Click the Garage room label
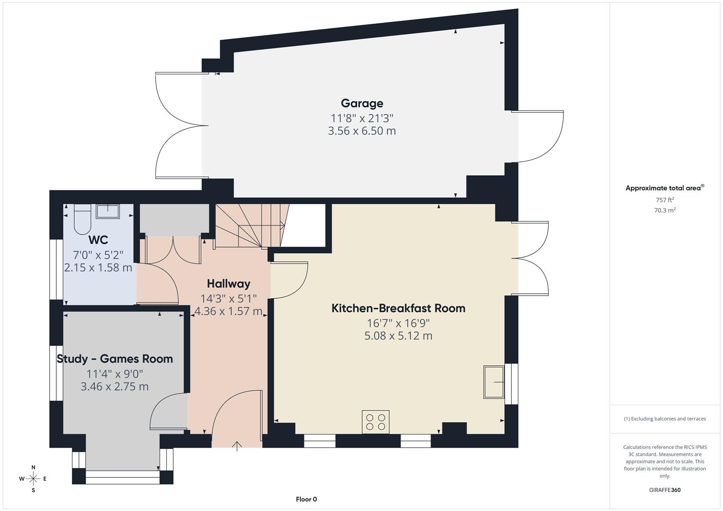[362, 103]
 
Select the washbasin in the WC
[108, 211]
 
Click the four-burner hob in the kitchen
[375, 422]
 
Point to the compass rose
[33, 479]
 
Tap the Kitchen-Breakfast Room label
[398, 308]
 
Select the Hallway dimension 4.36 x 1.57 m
[229, 311]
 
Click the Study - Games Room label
[115, 359]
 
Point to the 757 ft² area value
[665, 200]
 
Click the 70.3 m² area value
[665, 211]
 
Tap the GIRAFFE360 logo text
[665, 490]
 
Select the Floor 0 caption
[306, 499]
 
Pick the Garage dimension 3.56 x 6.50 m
[362, 131]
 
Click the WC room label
[98, 240]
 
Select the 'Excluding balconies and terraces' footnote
[665, 419]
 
